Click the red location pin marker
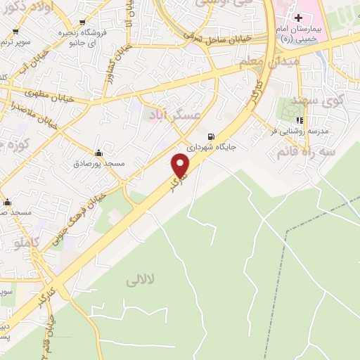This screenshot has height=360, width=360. [x=180, y=166]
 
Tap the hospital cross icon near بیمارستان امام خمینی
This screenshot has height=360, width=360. [x=297, y=16]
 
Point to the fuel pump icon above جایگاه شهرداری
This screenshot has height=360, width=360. [x=210, y=136]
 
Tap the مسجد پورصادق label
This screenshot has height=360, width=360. [x=98, y=163]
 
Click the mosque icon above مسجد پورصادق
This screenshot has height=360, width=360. [x=98, y=153]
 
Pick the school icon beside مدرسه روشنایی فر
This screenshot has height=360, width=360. [x=300, y=120]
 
